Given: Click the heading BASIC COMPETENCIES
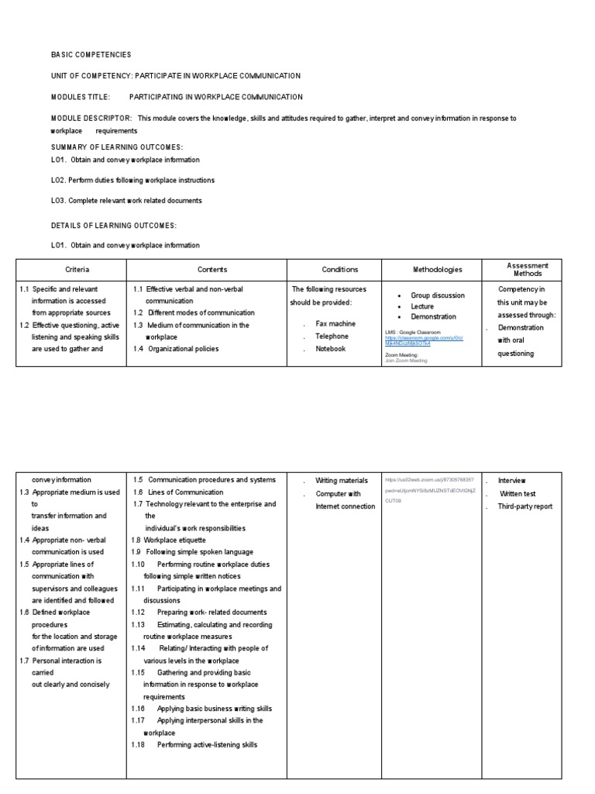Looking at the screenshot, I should [x=91, y=55].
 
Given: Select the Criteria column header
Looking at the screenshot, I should [x=76, y=270].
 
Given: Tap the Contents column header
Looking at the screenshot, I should [x=212, y=270].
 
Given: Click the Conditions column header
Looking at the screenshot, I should [x=340, y=270].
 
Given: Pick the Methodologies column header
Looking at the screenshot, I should [x=437, y=270].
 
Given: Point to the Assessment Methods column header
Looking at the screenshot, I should [x=527, y=269].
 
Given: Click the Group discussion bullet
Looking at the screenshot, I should [x=438, y=295].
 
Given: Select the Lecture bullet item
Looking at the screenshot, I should [x=422, y=306].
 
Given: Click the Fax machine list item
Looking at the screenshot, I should [x=335, y=323].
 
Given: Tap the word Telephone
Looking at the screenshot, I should [x=332, y=337].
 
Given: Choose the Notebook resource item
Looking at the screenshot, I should [x=330, y=349].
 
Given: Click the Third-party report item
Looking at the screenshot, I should [x=525, y=506].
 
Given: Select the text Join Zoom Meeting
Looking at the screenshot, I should [x=405, y=361].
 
